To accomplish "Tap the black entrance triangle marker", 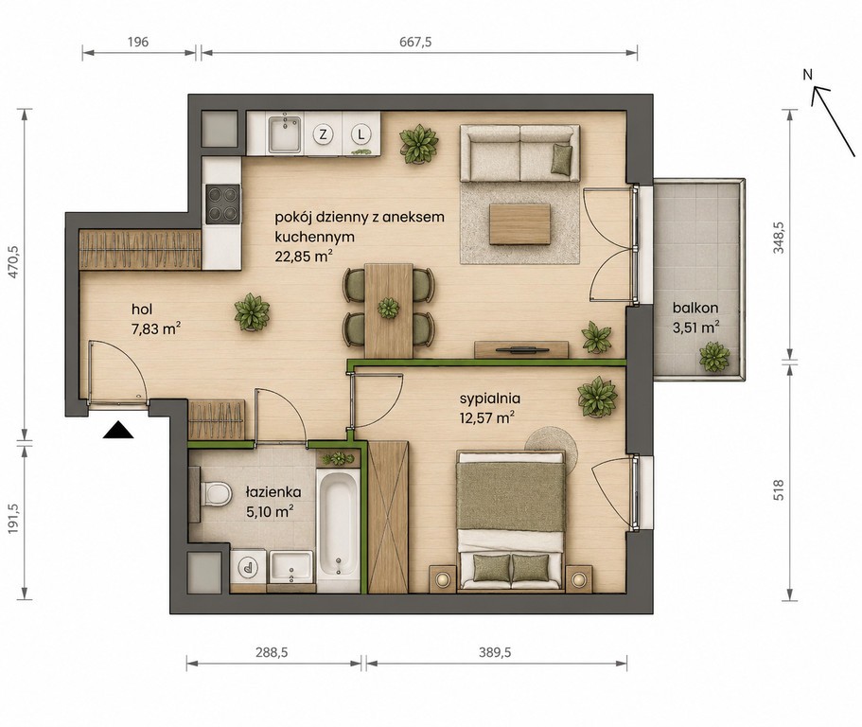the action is [118, 430].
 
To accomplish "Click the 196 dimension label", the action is [138, 42].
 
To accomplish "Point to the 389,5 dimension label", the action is [495, 652].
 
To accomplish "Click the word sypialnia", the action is [490, 399].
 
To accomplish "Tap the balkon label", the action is [695, 309].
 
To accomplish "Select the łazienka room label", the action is [273, 492].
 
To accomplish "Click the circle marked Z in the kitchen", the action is [324, 133].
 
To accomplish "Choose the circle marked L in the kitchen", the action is [361, 133].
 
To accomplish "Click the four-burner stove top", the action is [222, 204].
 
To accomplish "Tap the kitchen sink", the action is [284, 133].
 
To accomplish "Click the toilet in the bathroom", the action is [215, 493].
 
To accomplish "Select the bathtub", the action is [338, 523].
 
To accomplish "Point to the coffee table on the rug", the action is [519, 223].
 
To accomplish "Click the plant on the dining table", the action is [389, 308].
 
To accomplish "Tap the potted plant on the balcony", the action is [714, 356].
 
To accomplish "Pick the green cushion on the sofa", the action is [561, 160].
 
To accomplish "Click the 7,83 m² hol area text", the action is [156, 328].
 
